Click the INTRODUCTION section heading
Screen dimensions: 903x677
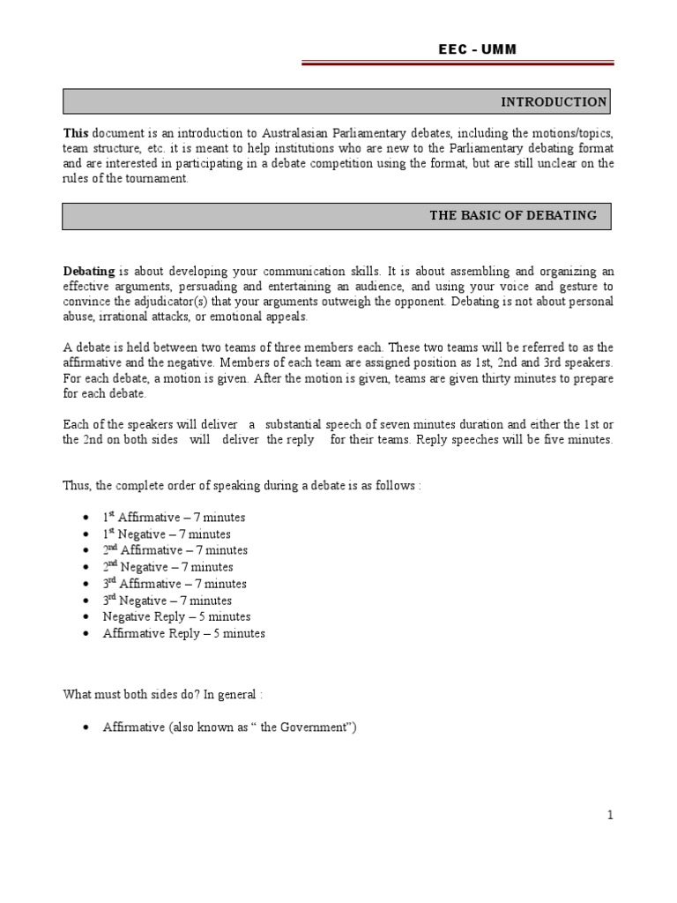(x=554, y=102)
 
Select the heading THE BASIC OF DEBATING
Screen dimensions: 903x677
(x=512, y=215)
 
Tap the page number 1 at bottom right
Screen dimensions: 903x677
(x=609, y=816)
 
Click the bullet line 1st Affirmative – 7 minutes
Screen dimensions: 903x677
(x=174, y=518)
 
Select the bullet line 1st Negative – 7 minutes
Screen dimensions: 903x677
(x=167, y=534)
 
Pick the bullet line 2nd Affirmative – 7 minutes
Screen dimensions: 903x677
(x=175, y=550)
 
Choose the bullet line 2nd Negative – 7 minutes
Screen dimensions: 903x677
(x=167, y=567)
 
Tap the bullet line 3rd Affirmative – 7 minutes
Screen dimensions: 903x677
(x=175, y=584)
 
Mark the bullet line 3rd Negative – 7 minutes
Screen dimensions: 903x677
(x=167, y=601)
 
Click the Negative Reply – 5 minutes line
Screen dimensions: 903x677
(x=176, y=616)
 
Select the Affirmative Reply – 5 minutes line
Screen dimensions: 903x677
(x=183, y=633)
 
